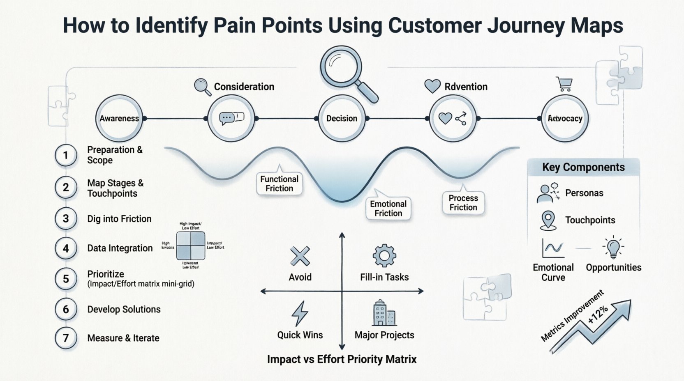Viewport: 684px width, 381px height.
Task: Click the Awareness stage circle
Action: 119,118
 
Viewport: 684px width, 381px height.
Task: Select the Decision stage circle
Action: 342,118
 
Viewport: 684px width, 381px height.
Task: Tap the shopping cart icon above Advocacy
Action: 565,84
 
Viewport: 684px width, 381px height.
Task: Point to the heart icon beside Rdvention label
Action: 432,86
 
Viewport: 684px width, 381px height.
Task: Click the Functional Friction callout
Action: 280,184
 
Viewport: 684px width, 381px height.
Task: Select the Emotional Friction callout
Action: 388,209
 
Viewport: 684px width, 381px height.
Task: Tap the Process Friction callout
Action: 463,202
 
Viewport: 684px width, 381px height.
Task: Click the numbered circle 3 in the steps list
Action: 66,218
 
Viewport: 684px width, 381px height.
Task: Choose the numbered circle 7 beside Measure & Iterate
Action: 66,338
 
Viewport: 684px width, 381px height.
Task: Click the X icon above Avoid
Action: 300,257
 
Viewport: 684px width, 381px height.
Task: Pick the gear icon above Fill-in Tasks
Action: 384,256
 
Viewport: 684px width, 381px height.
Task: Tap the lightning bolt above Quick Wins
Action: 300,313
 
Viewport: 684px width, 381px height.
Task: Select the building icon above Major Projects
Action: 384,313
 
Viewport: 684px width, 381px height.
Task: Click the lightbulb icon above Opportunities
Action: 613,248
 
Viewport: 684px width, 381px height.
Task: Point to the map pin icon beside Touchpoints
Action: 548,220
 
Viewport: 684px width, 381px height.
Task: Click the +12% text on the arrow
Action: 598,314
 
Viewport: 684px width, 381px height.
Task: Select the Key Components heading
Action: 583,167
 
